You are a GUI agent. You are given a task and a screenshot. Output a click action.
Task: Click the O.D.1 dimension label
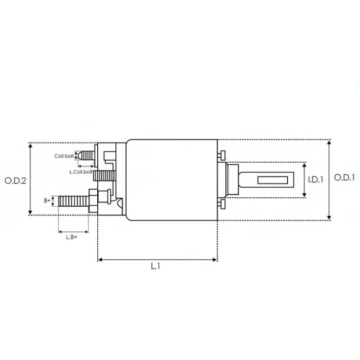click(x=344, y=178)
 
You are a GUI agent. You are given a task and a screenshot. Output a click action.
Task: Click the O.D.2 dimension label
click(x=15, y=181)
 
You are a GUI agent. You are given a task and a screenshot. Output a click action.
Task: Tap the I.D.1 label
click(x=315, y=179)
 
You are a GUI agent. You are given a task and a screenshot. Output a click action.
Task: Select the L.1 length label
click(x=156, y=266)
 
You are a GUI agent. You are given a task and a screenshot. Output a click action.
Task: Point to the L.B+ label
click(x=71, y=237)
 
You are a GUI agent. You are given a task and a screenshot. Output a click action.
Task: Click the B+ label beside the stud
click(x=48, y=200)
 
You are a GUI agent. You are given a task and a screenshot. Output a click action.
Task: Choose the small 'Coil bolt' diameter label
click(x=64, y=156)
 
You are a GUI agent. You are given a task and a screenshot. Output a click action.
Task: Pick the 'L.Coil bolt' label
click(x=81, y=172)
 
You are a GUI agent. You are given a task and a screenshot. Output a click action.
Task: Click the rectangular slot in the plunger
click(x=273, y=180)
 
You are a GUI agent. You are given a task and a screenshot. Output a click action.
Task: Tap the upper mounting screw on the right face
click(x=222, y=156)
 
